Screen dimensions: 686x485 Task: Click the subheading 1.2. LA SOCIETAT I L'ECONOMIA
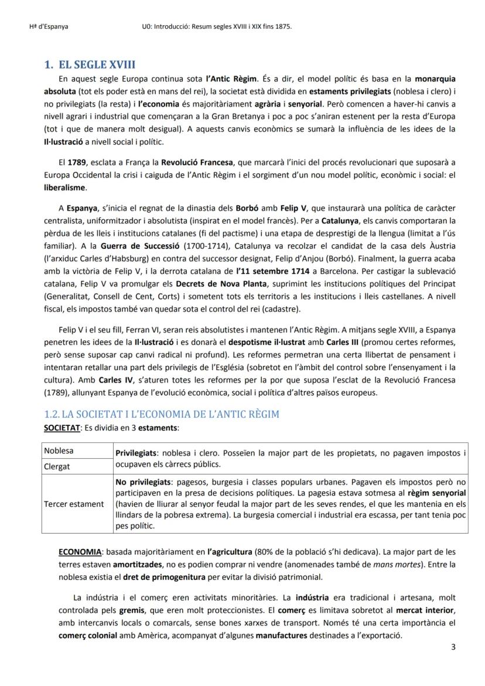(162, 414)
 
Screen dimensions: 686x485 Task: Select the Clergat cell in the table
(57, 467)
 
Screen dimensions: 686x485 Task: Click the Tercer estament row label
(74, 504)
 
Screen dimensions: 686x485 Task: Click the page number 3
(453, 647)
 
